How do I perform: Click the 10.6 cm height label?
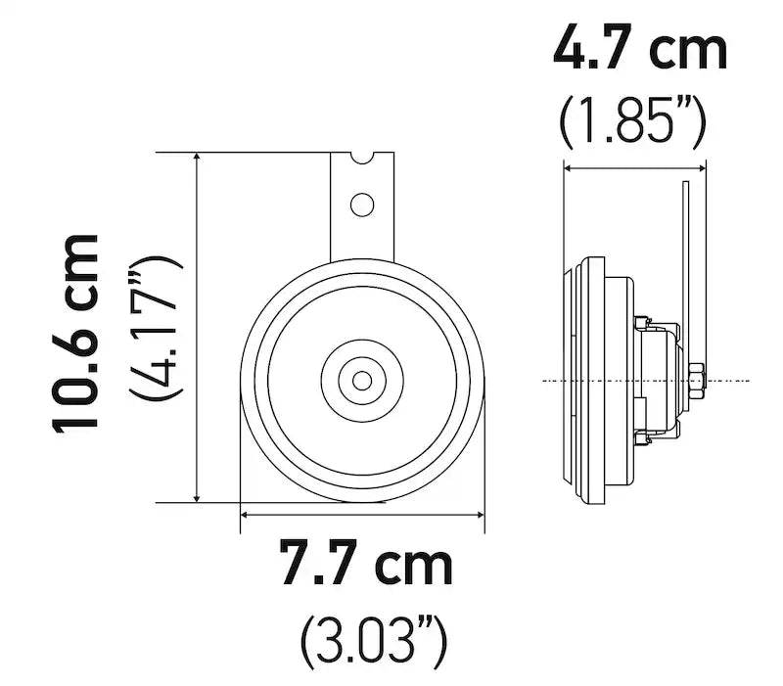(76, 332)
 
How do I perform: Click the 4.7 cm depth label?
(640, 49)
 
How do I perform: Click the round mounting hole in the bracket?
(363, 205)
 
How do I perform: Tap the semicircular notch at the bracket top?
(362, 158)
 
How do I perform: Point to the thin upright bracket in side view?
(688, 264)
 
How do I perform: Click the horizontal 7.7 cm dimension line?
(362, 513)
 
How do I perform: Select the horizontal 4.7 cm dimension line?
(634, 168)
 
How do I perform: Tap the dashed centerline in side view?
(568, 380)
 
